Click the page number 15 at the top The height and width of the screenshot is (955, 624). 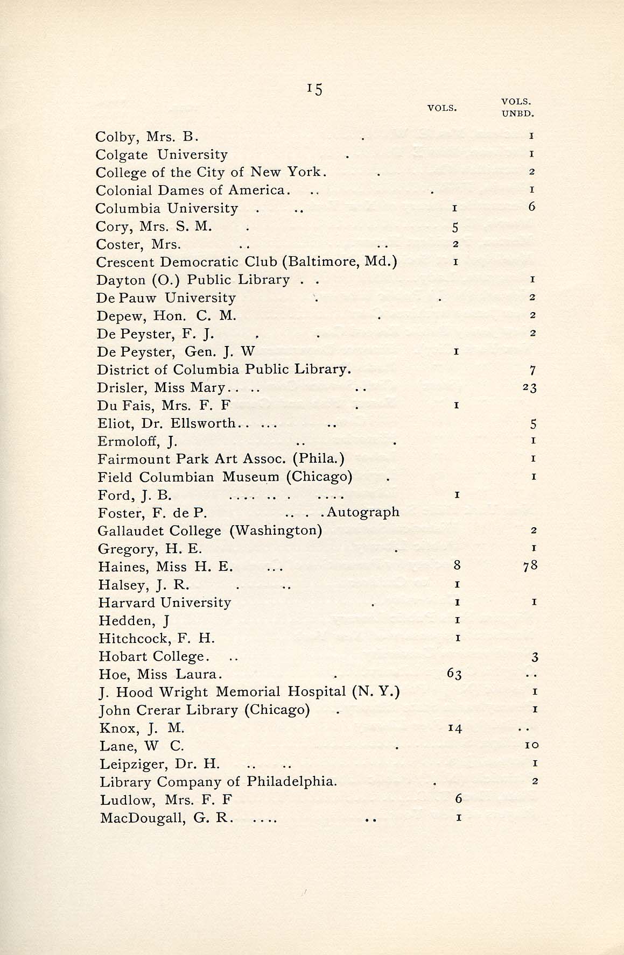pos(315,89)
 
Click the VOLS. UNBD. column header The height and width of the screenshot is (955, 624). pos(517,108)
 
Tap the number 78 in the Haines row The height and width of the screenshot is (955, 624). pos(530,565)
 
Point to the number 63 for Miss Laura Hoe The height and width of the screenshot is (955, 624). pos(454,674)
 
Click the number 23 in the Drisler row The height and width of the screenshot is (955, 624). pos(529,388)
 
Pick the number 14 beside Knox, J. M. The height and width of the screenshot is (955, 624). pos(455,728)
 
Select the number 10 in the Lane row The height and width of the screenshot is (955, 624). pos(532,746)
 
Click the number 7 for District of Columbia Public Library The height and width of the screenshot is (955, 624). pos(532,370)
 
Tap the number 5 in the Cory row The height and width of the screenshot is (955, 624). pos(455,227)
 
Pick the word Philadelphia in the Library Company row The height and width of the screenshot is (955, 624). pos(292,782)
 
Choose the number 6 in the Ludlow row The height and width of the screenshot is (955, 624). pos(458,800)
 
